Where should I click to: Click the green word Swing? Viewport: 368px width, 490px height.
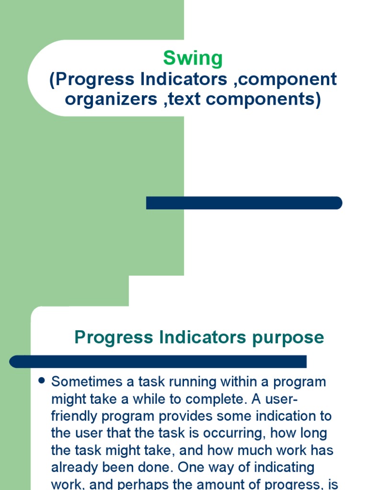(x=193, y=58)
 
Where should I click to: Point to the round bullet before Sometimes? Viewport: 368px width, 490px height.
(x=41, y=381)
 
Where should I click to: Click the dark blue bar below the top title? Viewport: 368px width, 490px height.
(x=244, y=203)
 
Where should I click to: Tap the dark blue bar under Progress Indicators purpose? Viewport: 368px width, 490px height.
(x=158, y=361)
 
